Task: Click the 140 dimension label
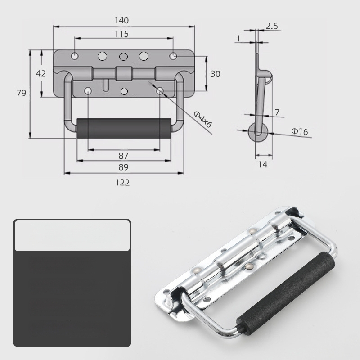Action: [x=121, y=20]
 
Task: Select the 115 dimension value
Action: [x=121, y=34]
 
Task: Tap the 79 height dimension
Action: [x=21, y=93]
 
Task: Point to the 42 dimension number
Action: [x=41, y=74]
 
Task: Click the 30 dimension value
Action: [x=216, y=74]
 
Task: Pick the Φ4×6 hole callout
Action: [x=202, y=119]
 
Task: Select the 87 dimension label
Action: [x=123, y=156]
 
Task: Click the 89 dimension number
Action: [x=123, y=167]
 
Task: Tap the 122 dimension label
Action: [x=122, y=183]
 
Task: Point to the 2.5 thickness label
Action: [x=272, y=26]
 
